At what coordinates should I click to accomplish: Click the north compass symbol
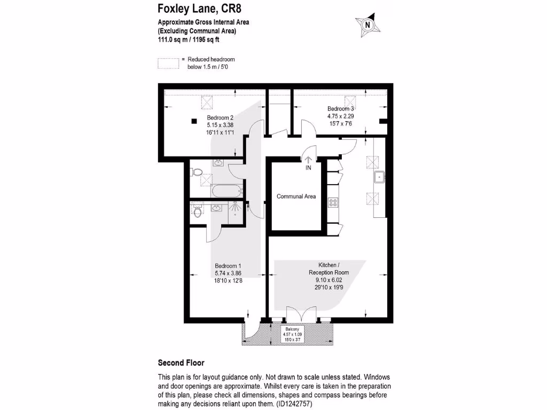point(367,24)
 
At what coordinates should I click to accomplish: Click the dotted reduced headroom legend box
point(168,63)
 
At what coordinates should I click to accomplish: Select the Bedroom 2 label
point(220,117)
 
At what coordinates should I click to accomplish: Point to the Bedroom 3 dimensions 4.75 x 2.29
point(341,115)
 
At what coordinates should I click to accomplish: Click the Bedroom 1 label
point(228,266)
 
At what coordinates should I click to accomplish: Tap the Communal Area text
point(296,196)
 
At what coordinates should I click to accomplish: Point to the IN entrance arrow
point(308,160)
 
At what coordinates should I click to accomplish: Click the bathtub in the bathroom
point(227,191)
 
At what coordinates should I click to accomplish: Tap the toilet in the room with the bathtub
point(196,173)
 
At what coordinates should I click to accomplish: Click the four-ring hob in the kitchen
point(333,202)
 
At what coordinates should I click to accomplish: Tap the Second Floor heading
point(181,362)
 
